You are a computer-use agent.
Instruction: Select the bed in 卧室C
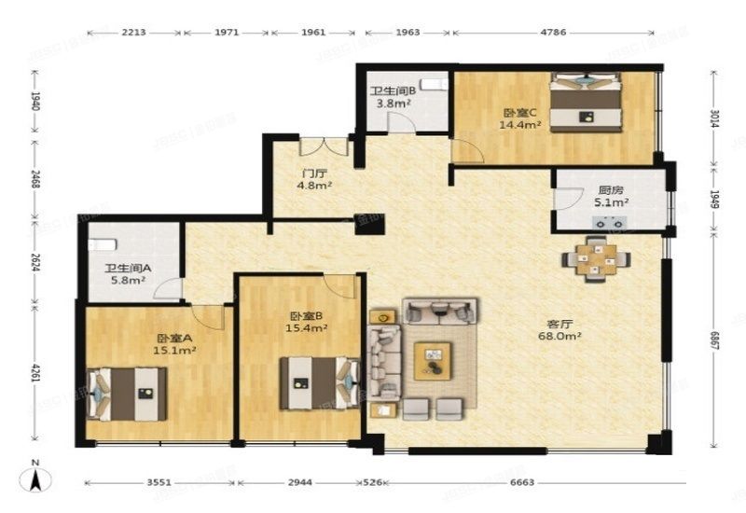(586, 103)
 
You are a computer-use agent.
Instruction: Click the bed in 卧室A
(128, 393)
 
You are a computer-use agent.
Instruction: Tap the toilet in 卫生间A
(102, 244)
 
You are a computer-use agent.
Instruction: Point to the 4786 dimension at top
(555, 33)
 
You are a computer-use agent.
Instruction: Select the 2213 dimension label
(134, 33)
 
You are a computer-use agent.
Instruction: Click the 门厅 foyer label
(314, 173)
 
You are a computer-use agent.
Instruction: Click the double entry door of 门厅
(324, 147)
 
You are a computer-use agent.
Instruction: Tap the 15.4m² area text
(307, 327)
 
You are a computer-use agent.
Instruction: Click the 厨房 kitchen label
(611, 188)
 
